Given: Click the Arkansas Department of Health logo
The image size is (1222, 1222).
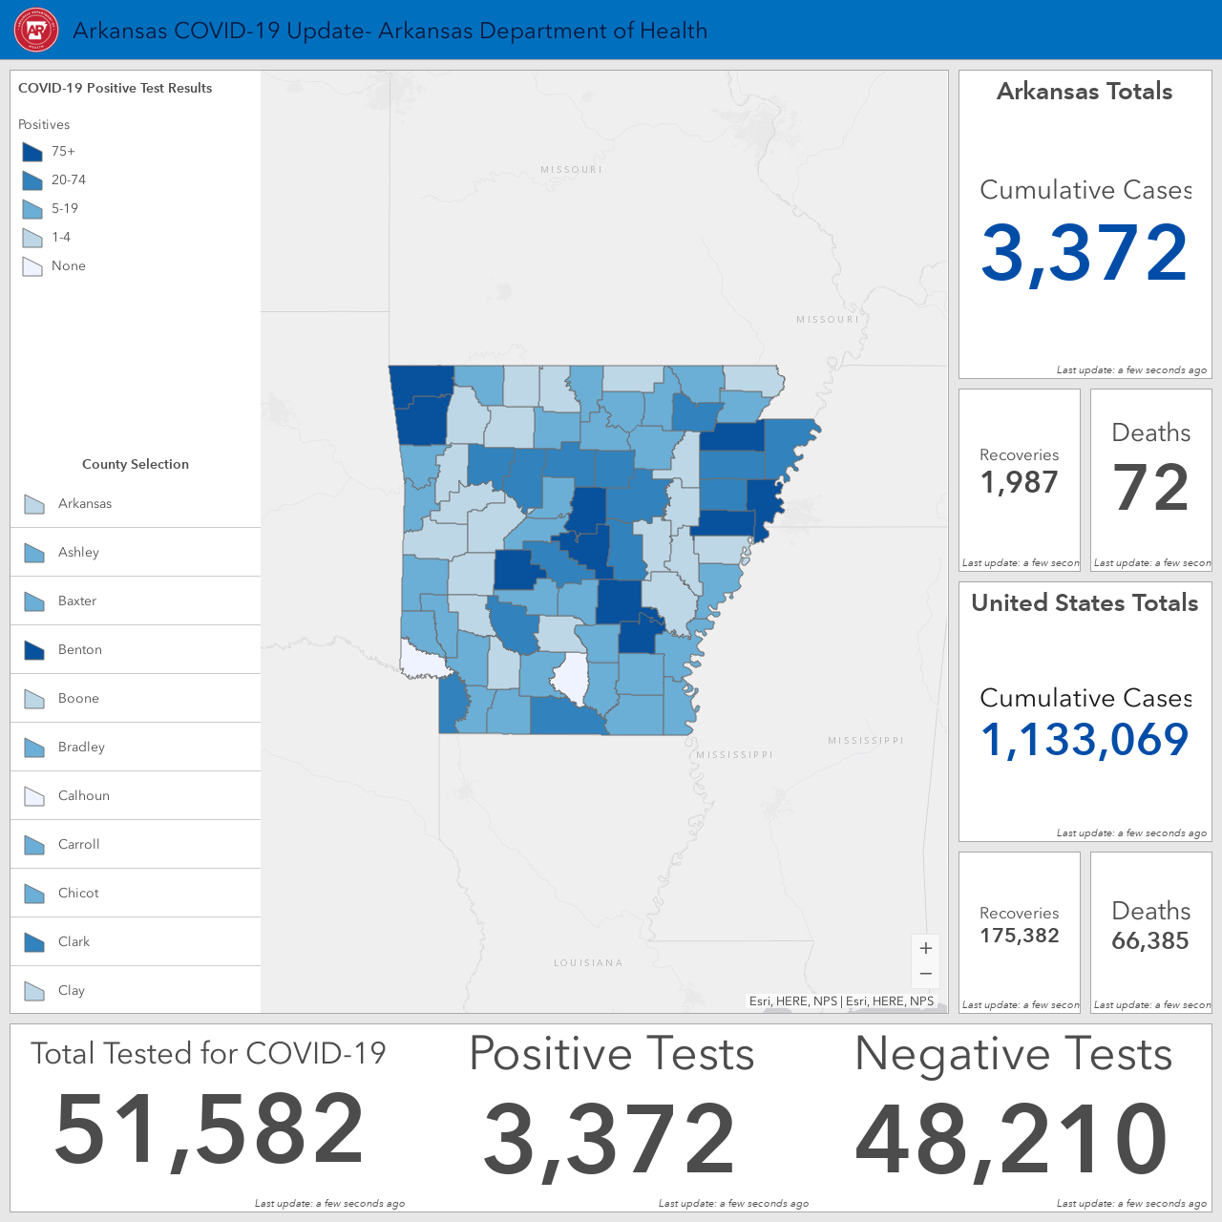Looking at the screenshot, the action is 36,30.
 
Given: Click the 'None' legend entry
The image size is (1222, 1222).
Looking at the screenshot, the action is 53,265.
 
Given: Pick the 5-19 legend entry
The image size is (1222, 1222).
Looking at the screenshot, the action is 50,209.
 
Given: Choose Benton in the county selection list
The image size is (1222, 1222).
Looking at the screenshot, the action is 135,649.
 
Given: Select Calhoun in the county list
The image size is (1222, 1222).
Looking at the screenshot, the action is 135,795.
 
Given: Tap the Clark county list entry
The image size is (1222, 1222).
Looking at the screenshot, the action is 135,941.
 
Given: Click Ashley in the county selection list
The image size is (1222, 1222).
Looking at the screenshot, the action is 135,552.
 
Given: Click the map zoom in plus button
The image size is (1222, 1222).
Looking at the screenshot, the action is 926,948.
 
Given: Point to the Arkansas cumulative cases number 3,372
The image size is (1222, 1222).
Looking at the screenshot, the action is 1084,253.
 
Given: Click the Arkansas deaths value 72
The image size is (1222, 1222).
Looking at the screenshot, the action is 1150,487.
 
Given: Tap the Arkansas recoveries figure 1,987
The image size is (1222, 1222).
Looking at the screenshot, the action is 1019,482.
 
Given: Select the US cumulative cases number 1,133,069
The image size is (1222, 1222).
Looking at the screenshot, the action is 1085,740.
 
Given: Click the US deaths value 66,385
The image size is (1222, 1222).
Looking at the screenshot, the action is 1149,940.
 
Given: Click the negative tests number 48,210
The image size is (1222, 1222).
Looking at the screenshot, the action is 1011,1139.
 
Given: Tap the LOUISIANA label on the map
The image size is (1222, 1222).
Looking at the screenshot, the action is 588,962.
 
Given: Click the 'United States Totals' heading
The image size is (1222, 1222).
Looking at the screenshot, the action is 1085,602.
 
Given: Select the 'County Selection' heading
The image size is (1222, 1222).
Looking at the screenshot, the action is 135,464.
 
